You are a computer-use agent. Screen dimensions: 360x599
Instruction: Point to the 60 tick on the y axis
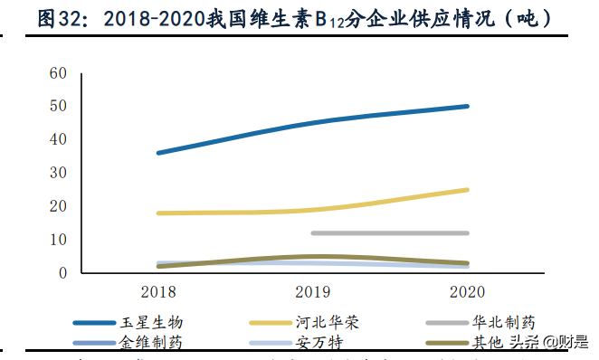[57, 73]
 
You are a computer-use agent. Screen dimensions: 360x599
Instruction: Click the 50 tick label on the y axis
[57, 107]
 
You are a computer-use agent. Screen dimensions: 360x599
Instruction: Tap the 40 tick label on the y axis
[57, 140]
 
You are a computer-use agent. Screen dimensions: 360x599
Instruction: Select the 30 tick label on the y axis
[57, 173]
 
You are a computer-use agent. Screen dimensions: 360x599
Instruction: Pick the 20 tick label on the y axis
[57, 206]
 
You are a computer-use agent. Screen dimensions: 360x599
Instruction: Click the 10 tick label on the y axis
[57, 240]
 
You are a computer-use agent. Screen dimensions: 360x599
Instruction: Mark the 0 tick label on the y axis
[62, 272]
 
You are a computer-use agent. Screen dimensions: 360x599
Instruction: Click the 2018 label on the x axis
[158, 292]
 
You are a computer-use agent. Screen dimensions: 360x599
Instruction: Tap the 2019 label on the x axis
[312, 292]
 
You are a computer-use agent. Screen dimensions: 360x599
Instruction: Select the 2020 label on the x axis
[466, 292]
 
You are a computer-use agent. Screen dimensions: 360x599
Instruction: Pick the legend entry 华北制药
[503, 322]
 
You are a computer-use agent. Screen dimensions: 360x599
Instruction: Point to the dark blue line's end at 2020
[467, 106]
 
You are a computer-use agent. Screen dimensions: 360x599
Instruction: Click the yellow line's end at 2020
[467, 190]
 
